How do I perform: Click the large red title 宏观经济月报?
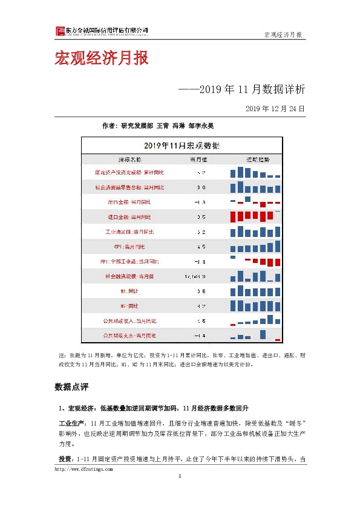point(101,59)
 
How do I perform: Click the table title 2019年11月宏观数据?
point(182,146)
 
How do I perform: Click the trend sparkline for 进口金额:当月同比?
point(256,216)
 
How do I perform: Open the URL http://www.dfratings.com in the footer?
point(83,468)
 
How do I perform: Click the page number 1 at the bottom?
point(180,478)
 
